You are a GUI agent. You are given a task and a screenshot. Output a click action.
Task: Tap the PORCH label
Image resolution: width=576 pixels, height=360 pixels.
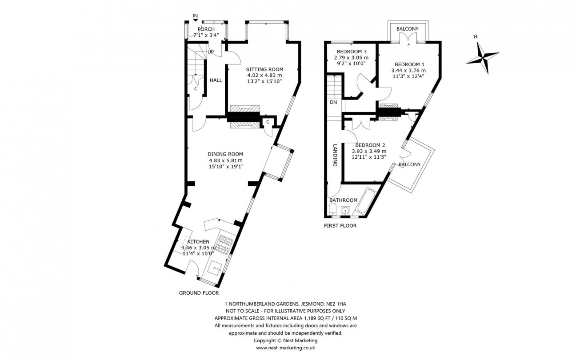pos(206,29)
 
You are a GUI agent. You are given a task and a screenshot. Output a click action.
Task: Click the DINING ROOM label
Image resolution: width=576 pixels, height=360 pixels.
pos(226,154)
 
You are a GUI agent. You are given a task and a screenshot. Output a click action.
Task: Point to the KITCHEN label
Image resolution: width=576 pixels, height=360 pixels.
pos(199,241)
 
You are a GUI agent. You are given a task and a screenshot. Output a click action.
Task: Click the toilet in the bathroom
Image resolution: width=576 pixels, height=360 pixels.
pos(333,211)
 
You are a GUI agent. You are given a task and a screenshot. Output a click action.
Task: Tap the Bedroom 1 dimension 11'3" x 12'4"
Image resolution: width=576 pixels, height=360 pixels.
pos(408,76)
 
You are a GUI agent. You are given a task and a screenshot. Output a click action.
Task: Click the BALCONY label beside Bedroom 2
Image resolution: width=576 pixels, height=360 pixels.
pos(409,164)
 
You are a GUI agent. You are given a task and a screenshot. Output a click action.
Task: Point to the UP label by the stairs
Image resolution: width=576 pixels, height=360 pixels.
pos(211,52)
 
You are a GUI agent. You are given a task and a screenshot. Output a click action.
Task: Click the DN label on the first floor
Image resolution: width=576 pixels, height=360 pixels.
pos(333,102)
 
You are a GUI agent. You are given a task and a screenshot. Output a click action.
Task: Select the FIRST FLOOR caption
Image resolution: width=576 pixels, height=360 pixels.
pos(340,225)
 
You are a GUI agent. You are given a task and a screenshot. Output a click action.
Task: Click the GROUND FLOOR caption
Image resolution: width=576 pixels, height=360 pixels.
pos(199,293)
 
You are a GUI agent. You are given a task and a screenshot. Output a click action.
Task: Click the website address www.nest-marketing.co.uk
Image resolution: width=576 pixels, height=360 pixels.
pos(285,348)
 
